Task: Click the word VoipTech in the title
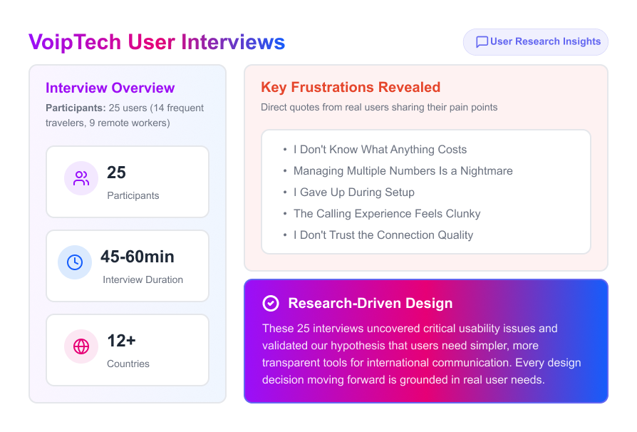tap(76, 42)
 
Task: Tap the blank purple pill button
tap(535, 42)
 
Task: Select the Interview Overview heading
tap(110, 88)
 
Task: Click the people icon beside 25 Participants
tap(81, 178)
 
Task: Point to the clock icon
tap(75, 262)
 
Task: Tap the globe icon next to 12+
tap(81, 346)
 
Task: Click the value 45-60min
tap(138, 257)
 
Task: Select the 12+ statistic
tap(121, 341)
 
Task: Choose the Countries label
tap(128, 364)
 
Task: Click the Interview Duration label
tap(143, 279)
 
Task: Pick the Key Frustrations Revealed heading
tap(351, 88)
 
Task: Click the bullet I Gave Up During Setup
tap(353, 192)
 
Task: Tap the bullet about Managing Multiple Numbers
tap(403, 171)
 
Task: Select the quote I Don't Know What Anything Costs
tap(380, 150)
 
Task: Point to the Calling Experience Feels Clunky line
tap(387, 214)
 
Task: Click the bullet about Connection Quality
tap(383, 235)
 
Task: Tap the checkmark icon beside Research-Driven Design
tap(271, 304)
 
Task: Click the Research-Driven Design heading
tap(370, 304)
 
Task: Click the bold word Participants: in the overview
tap(76, 108)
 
